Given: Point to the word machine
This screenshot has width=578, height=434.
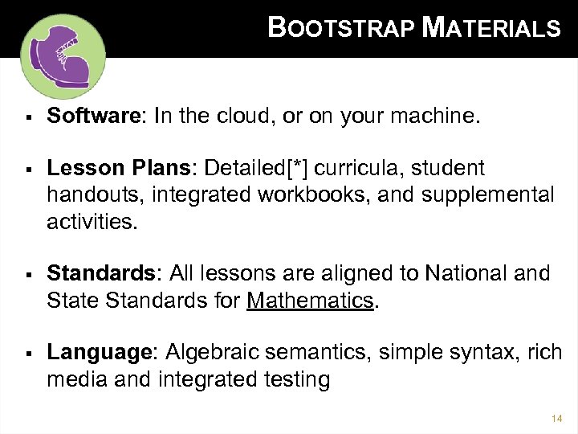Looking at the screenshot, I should pyautogui.click(x=437, y=118).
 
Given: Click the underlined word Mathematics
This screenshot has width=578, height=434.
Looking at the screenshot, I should pyautogui.click(x=311, y=301).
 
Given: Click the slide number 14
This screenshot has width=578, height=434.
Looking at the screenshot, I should pyautogui.click(x=557, y=418).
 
